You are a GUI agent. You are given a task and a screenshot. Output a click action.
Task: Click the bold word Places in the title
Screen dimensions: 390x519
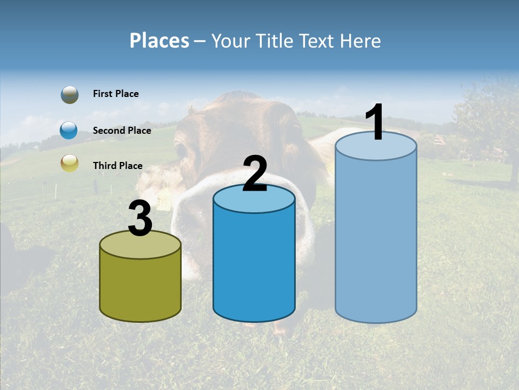pyautogui.click(x=159, y=41)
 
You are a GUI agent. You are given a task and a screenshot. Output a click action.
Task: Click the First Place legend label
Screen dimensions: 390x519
pyautogui.click(x=116, y=94)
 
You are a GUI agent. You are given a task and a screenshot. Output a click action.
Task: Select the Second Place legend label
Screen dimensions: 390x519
pyautogui.click(x=122, y=131)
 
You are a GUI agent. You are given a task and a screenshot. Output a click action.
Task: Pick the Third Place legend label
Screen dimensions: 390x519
pyautogui.click(x=117, y=166)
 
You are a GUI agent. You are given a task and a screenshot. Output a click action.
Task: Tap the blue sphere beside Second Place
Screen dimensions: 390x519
pyautogui.click(x=69, y=131)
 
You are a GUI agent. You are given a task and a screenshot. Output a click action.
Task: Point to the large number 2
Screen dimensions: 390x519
pyautogui.click(x=255, y=173)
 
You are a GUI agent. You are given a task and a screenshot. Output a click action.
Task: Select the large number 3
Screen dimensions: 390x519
pyautogui.click(x=140, y=219)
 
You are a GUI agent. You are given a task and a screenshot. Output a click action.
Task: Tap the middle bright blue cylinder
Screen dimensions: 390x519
pyautogui.click(x=254, y=260)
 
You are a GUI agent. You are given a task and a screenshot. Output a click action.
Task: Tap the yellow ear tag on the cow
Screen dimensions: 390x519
pyautogui.click(x=164, y=203)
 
